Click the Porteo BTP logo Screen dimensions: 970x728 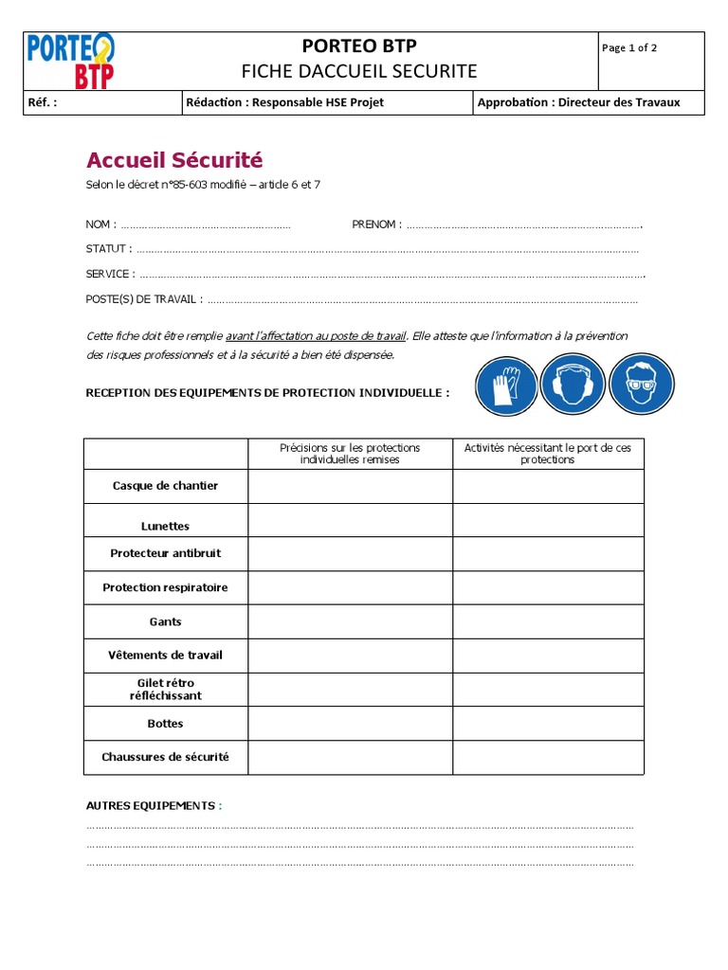pos(72,61)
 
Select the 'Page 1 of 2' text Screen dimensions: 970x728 pos(629,48)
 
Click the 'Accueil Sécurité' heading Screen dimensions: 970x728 pos(174,159)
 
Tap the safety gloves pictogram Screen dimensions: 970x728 pos(506,387)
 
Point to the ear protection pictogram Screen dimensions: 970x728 pos(573,387)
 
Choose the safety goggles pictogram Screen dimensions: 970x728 pos(641,387)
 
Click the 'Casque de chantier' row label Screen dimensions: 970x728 pos(165,486)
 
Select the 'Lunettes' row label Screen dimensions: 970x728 pos(165,527)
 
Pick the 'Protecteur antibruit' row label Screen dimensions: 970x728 pos(165,553)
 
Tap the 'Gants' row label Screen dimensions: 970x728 pos(165,622)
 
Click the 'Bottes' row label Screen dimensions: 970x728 pos(165,724)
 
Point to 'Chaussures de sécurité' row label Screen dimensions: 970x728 pos(165,757)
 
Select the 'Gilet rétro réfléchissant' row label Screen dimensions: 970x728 pos(165,689)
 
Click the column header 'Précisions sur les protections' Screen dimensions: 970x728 pos(350,453)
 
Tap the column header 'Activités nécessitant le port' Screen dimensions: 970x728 pos(548,453)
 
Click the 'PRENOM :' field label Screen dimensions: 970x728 pos(376,225)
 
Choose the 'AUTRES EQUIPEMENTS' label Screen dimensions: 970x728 pos(151,805)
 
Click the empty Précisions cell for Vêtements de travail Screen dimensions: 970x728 pos(350,656)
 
